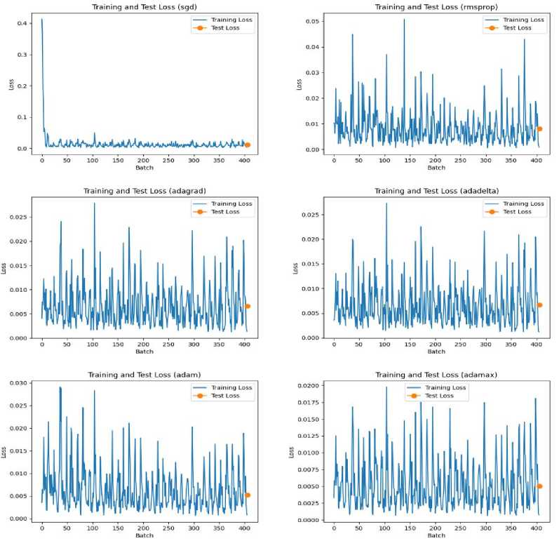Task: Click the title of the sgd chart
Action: coord(144,8)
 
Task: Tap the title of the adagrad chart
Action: coord(144,191)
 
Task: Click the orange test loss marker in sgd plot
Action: coord(247,145)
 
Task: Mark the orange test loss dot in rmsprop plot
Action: coord(539,128)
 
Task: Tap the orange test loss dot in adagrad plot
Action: coord(247,306)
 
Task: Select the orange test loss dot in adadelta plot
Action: coord(539,305)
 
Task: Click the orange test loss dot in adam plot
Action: coord(247,495)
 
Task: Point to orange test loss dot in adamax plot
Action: coord(539,486)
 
